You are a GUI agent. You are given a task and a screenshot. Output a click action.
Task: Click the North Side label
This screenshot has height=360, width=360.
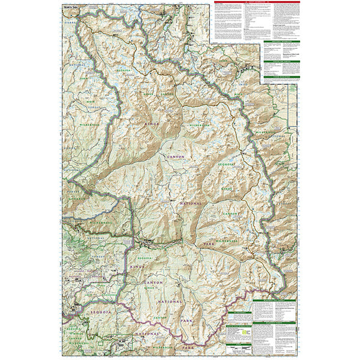click(70, 5)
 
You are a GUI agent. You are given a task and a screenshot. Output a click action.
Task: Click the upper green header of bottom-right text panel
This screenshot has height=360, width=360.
click(274, 301)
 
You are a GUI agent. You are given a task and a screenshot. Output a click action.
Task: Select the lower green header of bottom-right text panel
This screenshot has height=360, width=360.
click(274, 322)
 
